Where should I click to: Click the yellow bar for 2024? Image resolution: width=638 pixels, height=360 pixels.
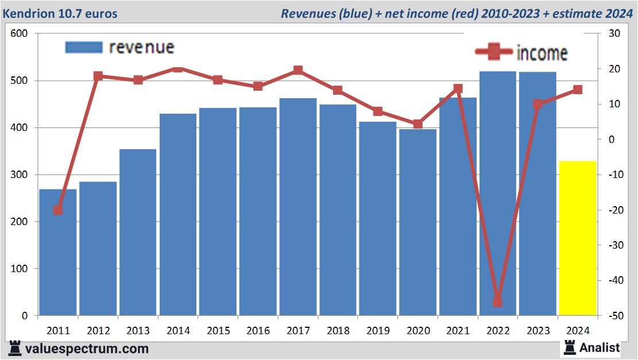[578, 238]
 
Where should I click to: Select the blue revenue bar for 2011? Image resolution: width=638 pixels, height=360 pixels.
[58, 253]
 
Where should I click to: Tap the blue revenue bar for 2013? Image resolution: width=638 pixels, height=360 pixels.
[138, 233]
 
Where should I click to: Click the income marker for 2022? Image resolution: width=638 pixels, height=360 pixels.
[497, 302]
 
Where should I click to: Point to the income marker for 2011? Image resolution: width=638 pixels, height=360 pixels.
[58, 210]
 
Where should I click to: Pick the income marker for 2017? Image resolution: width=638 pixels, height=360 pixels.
[298, 70]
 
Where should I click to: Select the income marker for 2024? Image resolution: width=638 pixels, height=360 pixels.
[578, 90]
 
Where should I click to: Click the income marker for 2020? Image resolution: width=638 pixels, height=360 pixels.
[418, 124]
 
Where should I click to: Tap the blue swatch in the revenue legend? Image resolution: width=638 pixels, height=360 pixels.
[84, 47]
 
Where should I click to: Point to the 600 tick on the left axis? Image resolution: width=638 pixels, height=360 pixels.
[20, 34]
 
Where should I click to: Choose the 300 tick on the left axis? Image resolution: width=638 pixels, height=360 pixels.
[20, 175]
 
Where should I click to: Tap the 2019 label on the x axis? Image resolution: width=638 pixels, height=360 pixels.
[378, 331]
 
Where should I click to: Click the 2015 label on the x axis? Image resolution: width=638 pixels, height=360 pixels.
[218, 331]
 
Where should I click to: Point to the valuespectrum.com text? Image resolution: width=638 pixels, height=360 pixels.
[87, 349]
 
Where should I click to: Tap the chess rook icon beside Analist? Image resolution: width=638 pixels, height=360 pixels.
[570, 347]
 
